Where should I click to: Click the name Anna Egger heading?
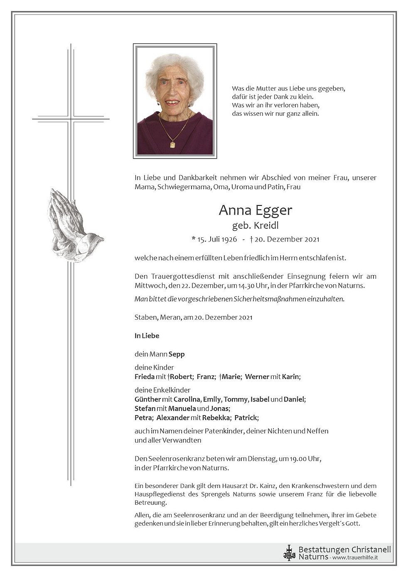pos(255,210)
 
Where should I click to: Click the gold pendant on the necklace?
pos(172,144)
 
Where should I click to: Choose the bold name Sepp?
pos(177,354)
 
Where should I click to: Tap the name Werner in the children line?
pos(258,377)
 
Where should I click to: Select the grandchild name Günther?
pos(147,399)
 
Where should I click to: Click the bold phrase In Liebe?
pos(147,335)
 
